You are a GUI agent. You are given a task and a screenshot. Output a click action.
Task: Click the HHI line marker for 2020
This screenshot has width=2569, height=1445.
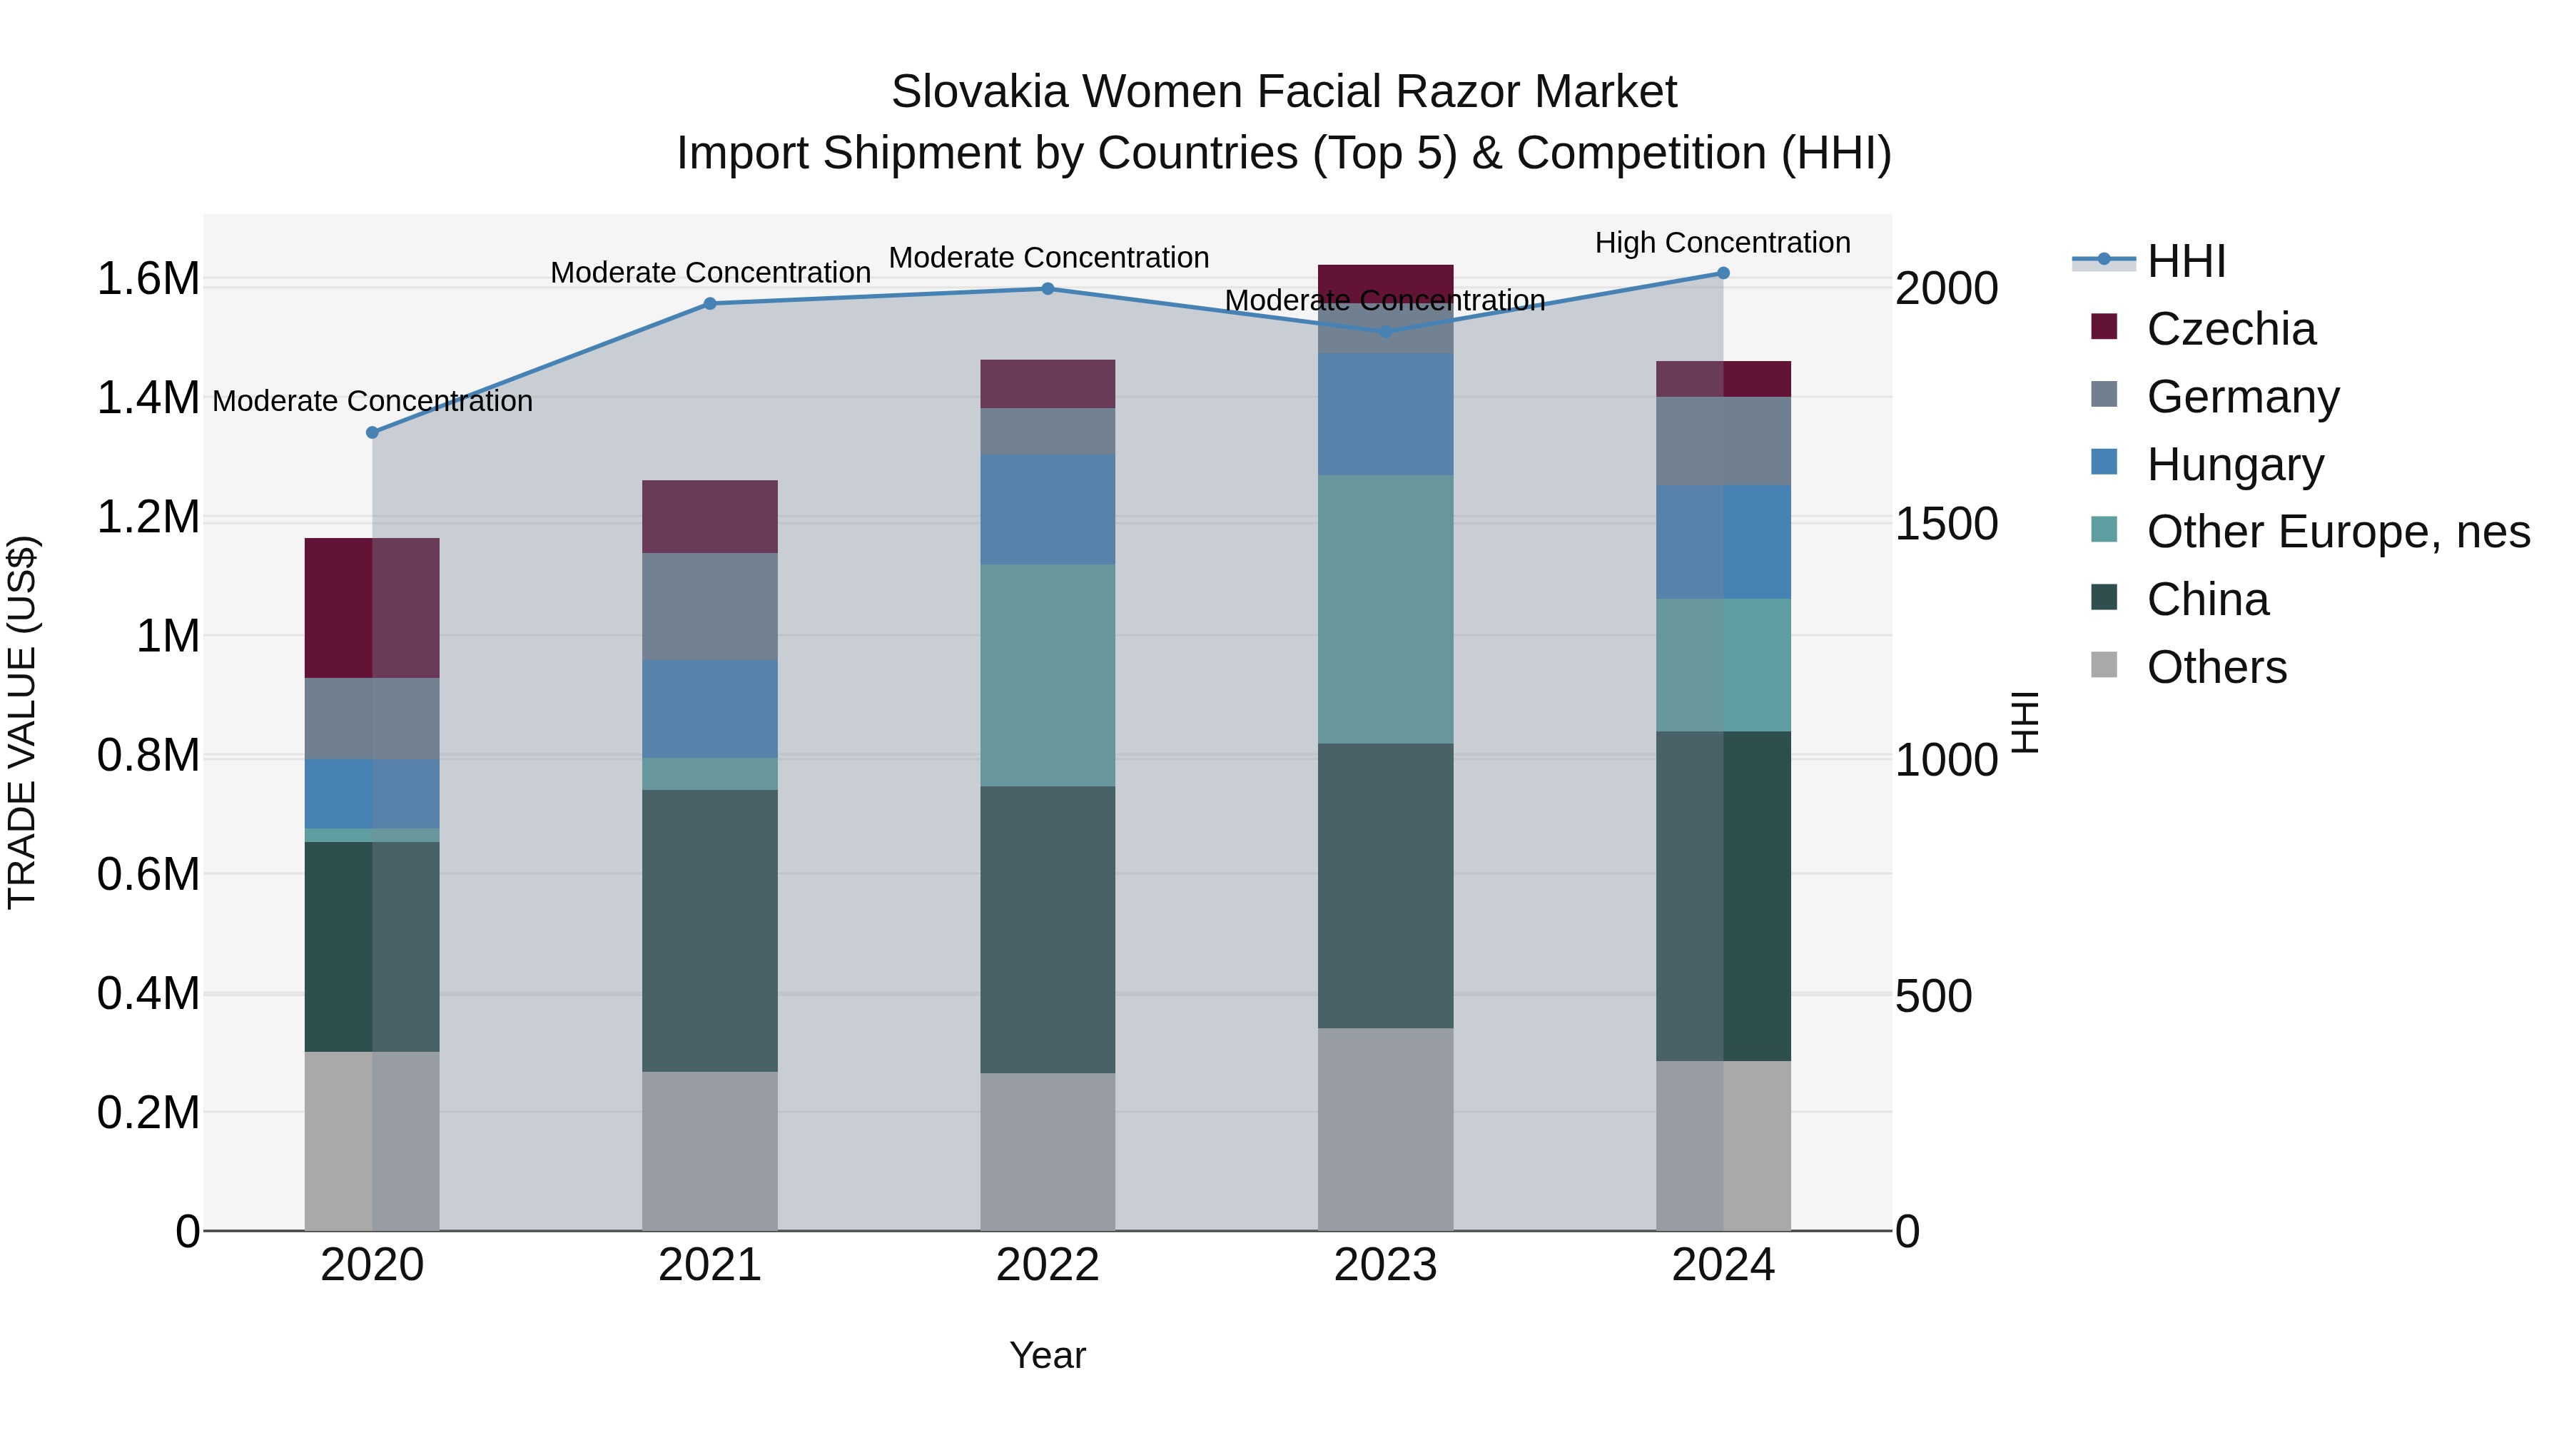pyautogui.click(x=372, y=433)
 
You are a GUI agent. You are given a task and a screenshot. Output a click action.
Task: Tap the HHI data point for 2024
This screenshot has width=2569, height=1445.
pyautogui.click(x=1723, y=273)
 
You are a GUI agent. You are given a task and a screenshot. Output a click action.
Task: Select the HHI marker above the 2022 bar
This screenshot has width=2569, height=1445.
pyautogui.click(x=1047, y=289)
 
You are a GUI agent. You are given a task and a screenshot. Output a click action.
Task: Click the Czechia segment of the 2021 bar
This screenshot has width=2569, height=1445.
pyautogui.click(x=709, y=517)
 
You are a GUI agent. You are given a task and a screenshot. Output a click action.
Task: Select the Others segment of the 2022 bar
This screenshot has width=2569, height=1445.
pyautogui.click(x=1047, y=1151)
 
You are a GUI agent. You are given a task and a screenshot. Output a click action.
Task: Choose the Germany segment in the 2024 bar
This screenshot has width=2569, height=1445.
pyautogui.click(x=1723, y=441)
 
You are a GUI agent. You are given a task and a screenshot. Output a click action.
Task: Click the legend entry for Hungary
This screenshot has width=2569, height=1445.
pyautogui.click(x=2234, y=465)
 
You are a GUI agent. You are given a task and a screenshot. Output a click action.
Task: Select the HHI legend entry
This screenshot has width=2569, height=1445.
pyautogui.click(x=2185, y=261)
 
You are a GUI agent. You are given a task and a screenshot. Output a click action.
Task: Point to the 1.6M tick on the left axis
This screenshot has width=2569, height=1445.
pyautogui.click(x=148, y=279)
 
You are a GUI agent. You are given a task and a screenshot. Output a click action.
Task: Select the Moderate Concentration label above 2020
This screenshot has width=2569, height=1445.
pyautogui.click(x=372, y=401)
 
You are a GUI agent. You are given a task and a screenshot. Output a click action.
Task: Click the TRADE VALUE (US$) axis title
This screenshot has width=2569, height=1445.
pyautogui.click(x=23, y=722)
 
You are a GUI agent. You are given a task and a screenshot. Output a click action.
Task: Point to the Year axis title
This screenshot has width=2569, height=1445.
pyautogui.click(x=1047, y=1355)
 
